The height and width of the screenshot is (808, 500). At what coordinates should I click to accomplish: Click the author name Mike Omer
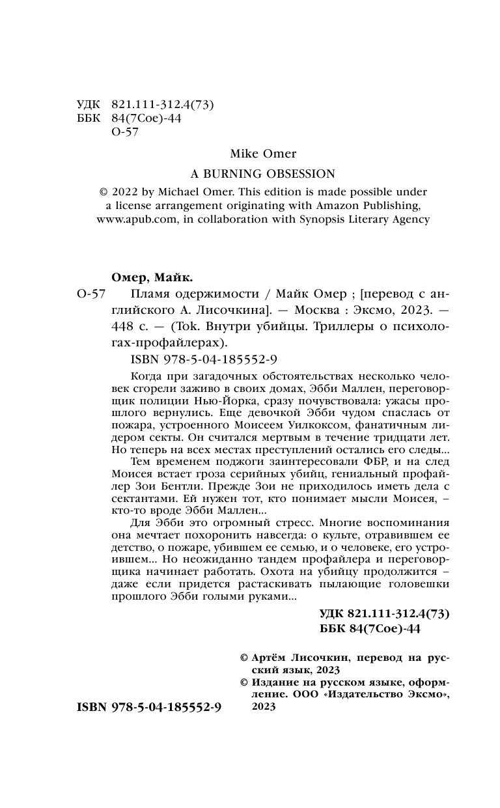(x=263, y=154)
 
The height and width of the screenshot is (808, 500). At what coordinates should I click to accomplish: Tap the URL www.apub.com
(x=137, y=219)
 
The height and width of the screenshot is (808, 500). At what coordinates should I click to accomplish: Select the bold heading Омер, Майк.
(x=141, y=275)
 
